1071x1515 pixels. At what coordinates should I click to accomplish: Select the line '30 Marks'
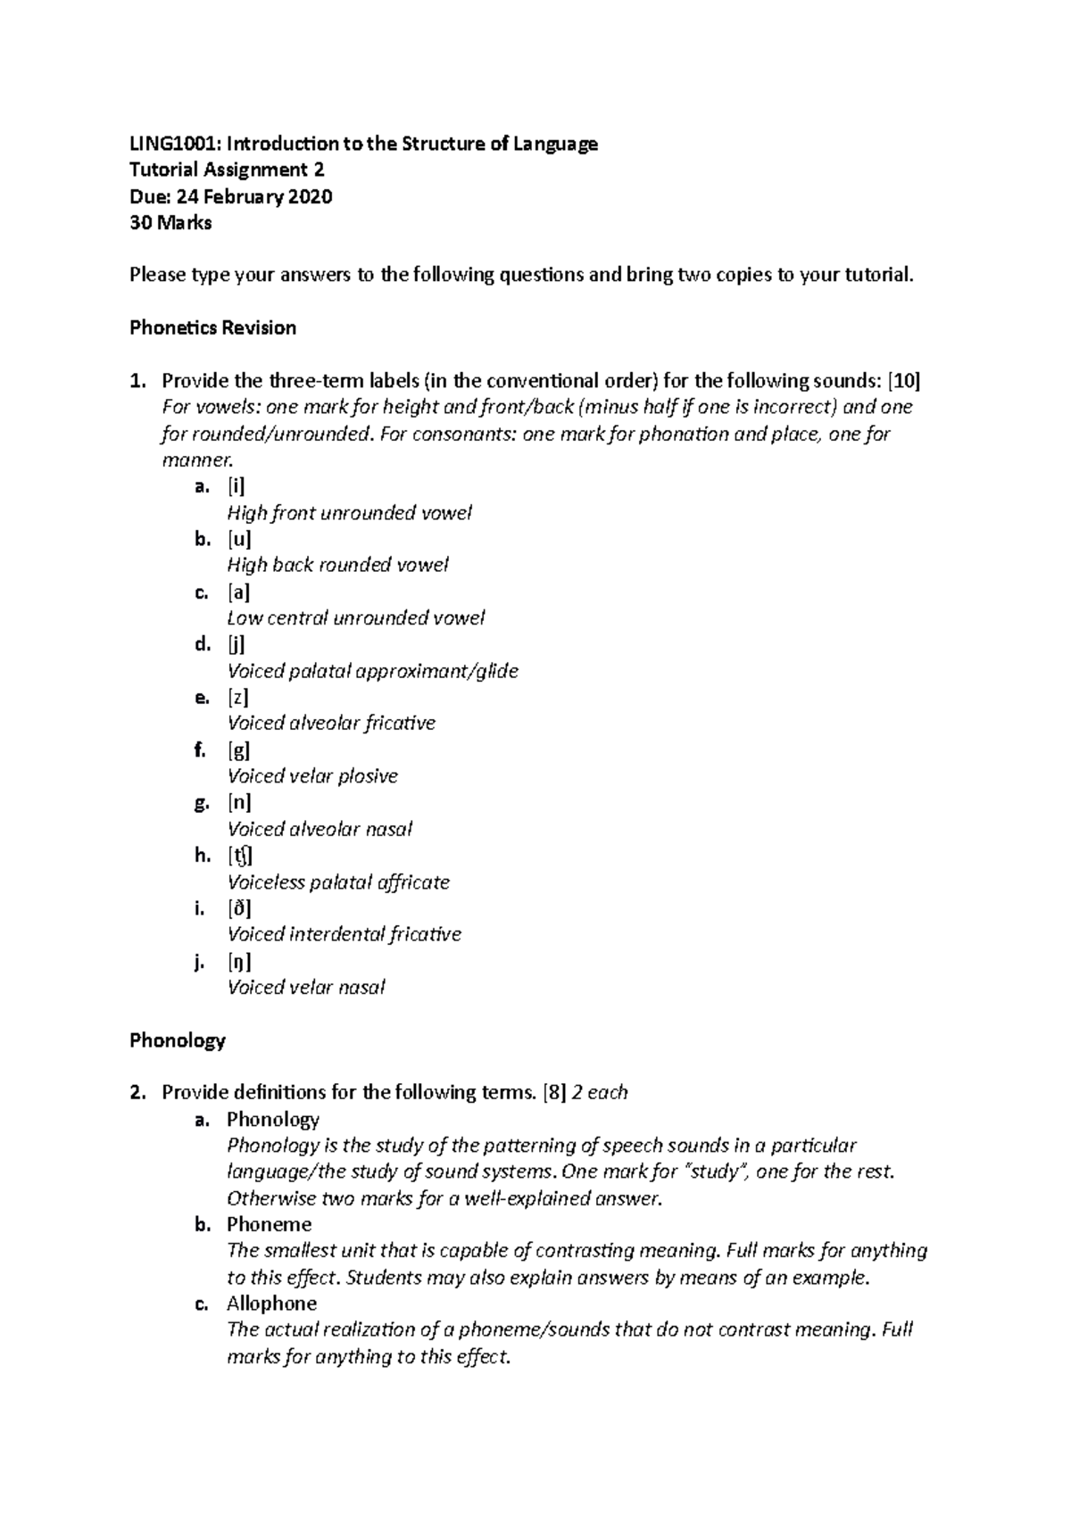click(x=170, y=223)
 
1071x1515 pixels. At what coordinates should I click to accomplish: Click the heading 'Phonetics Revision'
click(x=212, y=327)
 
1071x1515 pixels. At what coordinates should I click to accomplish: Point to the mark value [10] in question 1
click(x=904, y=381)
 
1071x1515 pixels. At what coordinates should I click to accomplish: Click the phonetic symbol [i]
click(x=236, y=486)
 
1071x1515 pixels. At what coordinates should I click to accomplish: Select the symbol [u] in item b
click(x=238, y=539)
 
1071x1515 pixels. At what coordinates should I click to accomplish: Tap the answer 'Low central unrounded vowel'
click(x=355, y=617)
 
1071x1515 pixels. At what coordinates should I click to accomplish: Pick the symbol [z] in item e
click(x=237, y=697)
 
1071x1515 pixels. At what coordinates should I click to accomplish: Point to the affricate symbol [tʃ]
click(x=239, y=856)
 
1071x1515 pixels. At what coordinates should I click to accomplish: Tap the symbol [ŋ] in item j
click(x=238, y=961)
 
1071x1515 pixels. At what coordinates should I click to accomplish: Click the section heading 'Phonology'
click(x=177, y=1040)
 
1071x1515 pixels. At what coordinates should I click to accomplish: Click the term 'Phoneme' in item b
click(x=269, y=1224)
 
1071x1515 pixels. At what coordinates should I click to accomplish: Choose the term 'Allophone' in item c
click(x=271, y=1304)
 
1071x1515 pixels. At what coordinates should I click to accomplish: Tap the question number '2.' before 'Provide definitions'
click(x=137, y=1092)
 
